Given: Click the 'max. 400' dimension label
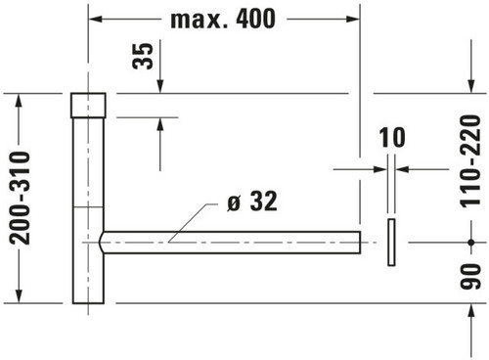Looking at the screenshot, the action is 223,20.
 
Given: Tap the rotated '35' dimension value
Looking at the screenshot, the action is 143,56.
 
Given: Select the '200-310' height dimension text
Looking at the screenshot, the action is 20,199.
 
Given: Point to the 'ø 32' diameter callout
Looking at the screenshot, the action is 252,202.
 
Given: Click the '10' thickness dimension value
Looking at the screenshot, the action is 392,138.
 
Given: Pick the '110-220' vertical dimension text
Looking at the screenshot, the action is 470,161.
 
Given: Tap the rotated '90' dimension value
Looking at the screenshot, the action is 470,276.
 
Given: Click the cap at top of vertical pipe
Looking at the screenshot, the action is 88,106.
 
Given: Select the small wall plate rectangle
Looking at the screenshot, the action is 391,243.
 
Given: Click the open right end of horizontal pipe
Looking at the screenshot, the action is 360,243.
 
